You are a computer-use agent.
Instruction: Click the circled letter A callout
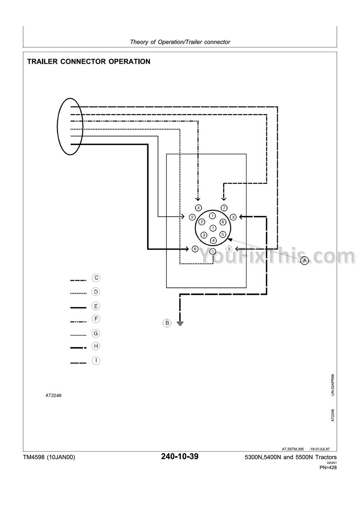[x=305, y=260]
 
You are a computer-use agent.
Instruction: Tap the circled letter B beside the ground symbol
[x=167, y=323]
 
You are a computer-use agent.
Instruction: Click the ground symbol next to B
[x=180, y=323]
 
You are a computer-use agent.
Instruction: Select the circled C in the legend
[x=96, y=278]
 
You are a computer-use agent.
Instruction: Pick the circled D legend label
[x=96, y=292]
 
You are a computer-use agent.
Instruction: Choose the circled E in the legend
[x=96, y=306]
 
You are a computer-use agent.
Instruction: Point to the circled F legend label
[x=96, y=319]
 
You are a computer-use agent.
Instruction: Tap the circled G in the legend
[x=96, y=333]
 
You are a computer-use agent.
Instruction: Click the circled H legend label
[x=96, y=346]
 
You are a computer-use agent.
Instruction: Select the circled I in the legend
[x=96, y=361]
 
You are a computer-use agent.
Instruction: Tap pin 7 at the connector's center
[x=212, y=228]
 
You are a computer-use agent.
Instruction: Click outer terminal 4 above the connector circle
[x=198, y=208]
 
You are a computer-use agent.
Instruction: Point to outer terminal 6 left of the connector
[x=195, y=249]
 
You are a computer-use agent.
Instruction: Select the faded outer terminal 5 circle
[x=230, y=249]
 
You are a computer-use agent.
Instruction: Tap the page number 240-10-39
[x=180, y=457]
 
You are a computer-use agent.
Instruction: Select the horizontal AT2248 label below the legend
[x=54, y=395]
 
